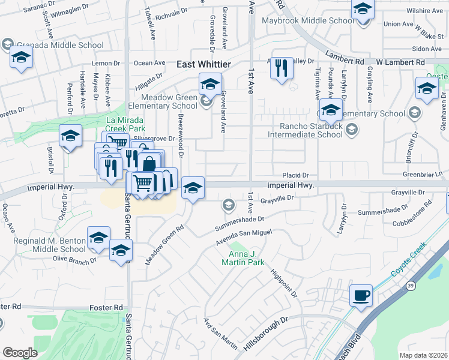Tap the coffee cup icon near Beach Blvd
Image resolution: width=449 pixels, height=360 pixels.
pyautogui.click(x=361, y=295)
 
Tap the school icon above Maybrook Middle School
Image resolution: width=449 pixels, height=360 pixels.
pyautogui.click(x=363, y=10)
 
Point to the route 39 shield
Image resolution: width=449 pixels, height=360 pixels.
pyautogui.click(x=412, y=287)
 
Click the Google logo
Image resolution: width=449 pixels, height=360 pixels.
pyautogui.click(x=20, y=353)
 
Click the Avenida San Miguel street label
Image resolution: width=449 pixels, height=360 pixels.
pyautogui.click(x=243, y=237)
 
